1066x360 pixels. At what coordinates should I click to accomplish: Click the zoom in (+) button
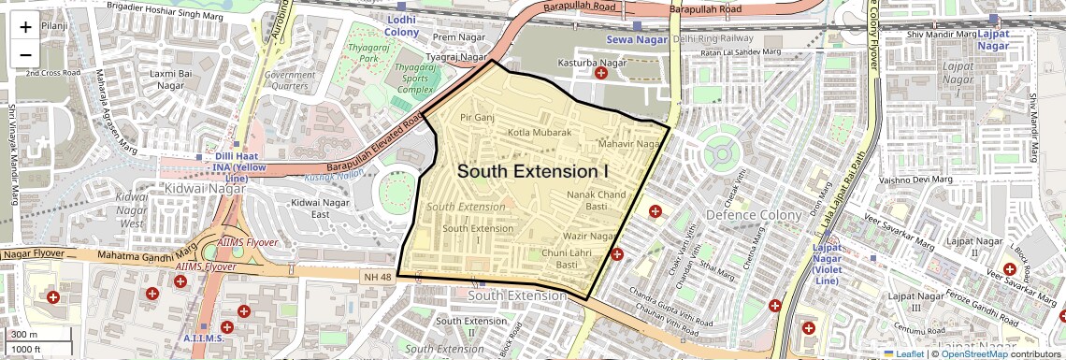(x=25, y=26)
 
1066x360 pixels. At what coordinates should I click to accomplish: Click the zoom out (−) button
(x=25, y=54)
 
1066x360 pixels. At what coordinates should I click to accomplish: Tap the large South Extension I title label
(x=533, y=172)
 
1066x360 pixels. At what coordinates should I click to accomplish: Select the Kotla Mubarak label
(x=539, y=133)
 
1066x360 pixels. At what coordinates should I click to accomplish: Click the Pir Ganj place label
(x=477, y=118)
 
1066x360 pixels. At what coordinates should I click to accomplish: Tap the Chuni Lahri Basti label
(x=567, y=258)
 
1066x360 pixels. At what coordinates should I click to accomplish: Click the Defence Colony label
(x=754, y=215)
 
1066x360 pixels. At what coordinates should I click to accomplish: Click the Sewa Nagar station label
(x=637, y=40)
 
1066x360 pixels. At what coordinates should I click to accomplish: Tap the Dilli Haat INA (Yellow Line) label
(x=223, y=167)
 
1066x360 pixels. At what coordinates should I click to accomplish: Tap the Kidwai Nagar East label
(x=320, y=209)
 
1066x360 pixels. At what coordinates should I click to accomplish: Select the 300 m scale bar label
(x=24, y=335)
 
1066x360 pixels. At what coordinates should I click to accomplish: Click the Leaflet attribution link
(x=903, y=353)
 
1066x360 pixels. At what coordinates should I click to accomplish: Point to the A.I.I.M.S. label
(x=203, y=338)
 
